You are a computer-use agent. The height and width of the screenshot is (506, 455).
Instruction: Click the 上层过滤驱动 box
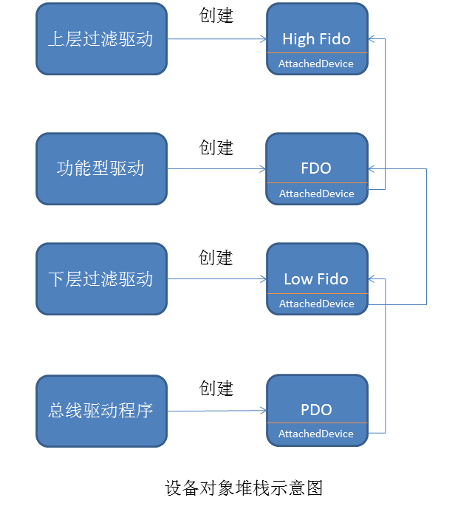(101, 39)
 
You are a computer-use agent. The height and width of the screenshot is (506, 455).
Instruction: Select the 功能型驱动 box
(101, 168)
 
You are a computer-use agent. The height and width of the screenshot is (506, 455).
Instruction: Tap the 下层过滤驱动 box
(101, 279)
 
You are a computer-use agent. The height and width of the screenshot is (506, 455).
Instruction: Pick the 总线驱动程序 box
(101, 411)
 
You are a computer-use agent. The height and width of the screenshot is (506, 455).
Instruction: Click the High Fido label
(316, 38)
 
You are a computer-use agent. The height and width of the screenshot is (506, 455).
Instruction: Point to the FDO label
(316, 168)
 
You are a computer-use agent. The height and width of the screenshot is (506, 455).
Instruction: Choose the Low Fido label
(316, 279)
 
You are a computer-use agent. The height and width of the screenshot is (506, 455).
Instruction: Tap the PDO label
(316, 410)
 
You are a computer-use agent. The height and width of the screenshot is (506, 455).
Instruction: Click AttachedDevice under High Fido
(316, 64)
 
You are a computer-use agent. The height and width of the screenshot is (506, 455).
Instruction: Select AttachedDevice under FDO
(316, 194)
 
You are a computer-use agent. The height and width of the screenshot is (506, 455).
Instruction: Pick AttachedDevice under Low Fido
(316, 304)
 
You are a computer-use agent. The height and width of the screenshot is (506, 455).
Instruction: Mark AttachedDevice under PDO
(316, 434)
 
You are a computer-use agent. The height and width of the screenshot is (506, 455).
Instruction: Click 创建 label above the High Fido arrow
(216, 16)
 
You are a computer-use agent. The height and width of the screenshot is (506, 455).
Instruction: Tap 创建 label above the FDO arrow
(216, 147)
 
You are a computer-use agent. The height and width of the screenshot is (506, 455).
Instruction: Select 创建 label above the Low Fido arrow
(216, 257)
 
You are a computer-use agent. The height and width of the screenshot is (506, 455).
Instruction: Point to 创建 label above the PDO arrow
(216, 388)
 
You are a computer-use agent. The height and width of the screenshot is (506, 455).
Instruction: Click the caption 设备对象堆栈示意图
(244, 488)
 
